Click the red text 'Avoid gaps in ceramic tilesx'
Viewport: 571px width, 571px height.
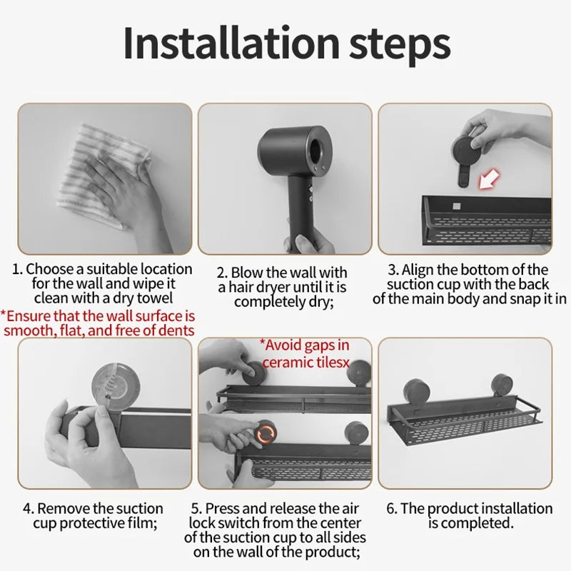coord(305,354)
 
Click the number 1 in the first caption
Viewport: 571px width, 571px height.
coord(17,270)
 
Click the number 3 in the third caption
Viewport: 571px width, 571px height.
coord(392,270)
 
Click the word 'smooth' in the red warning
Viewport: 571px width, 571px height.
coord(28,330)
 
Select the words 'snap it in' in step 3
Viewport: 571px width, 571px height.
coord(536,299)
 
